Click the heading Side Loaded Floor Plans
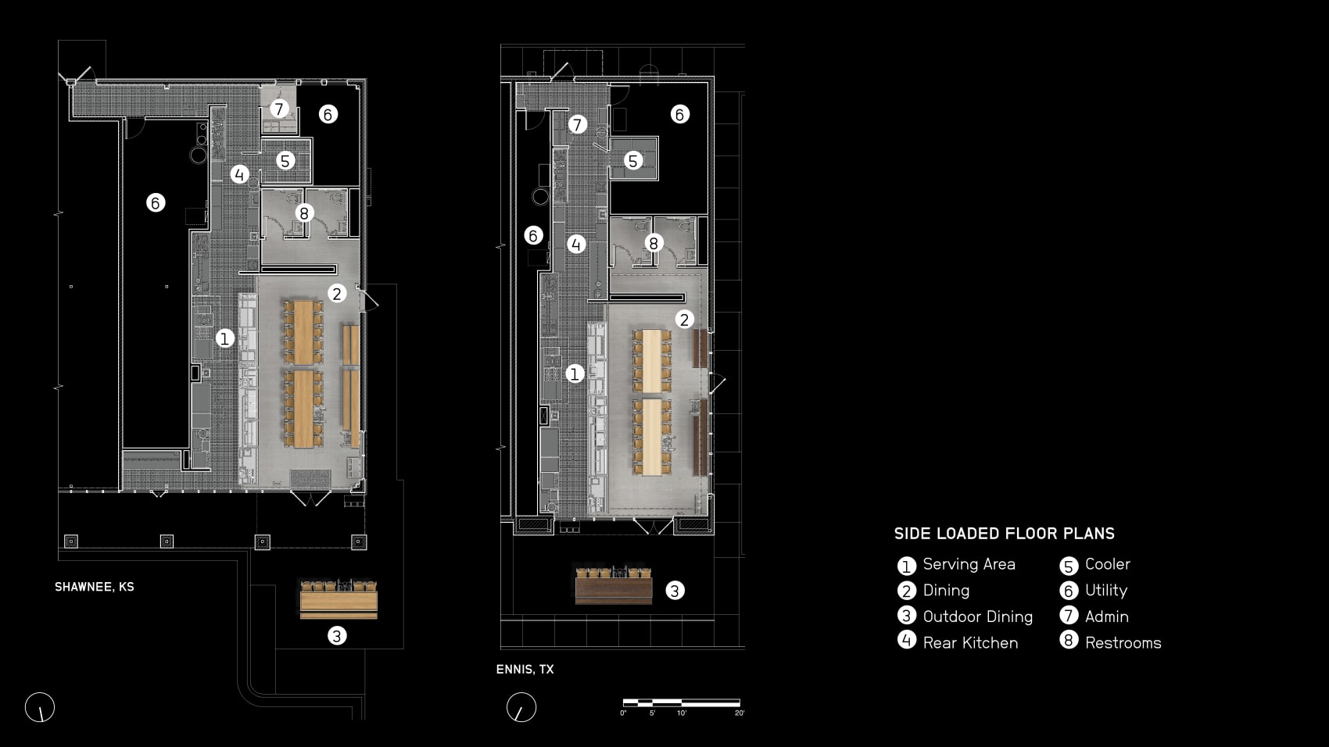[1004, 534]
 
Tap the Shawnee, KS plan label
[95, 587]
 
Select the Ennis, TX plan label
[525, 670]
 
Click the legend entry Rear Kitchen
[970, 643]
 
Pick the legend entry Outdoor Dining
[977, 617]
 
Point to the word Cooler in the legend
[1107, 564]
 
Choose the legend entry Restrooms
[1123, 643]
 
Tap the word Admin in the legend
[1106, 617]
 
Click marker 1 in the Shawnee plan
[224, 338]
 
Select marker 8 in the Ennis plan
[654, 243]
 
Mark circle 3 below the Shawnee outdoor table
[336, 636]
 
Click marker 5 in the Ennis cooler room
[633, 161]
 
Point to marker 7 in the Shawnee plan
[279, 109]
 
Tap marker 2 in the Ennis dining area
[684, 319]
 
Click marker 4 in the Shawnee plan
[239, 174]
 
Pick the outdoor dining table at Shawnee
[339, 601]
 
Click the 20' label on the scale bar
[739, 713]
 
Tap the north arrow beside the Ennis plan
[521, 708]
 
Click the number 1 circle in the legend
[906, 566]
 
